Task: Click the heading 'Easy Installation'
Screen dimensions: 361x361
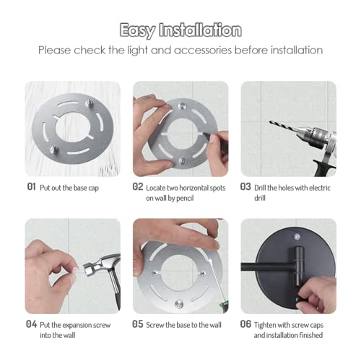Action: [180, 30]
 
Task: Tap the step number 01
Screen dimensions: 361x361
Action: [30, 186]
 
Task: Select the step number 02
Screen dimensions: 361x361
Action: [138, 186]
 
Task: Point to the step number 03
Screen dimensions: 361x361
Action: [245, 186]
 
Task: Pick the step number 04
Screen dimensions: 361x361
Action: [30, 324]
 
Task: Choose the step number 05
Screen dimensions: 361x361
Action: [138, 324]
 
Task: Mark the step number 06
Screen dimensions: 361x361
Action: [245, 324]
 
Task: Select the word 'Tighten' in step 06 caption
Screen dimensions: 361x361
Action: [269, 324]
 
